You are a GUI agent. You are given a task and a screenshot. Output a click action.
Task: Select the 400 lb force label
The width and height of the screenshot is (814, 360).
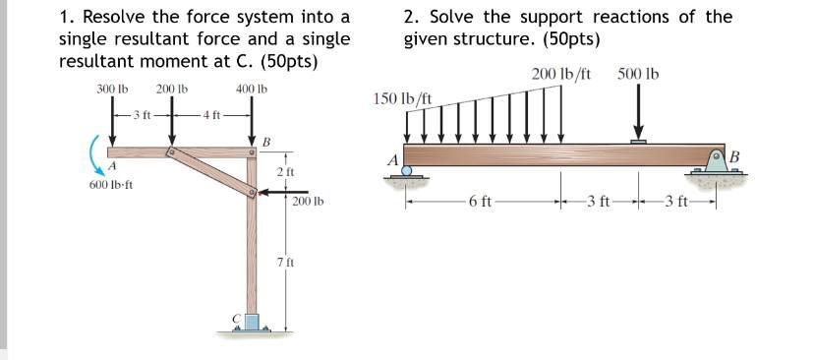point(252,89)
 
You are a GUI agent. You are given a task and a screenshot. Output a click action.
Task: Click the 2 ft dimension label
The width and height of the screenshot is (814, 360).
point(286,173)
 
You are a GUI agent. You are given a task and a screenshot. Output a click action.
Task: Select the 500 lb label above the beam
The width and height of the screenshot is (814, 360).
point(639,74)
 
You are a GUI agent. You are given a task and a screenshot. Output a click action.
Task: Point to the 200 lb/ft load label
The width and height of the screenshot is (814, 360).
point(560,74)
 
